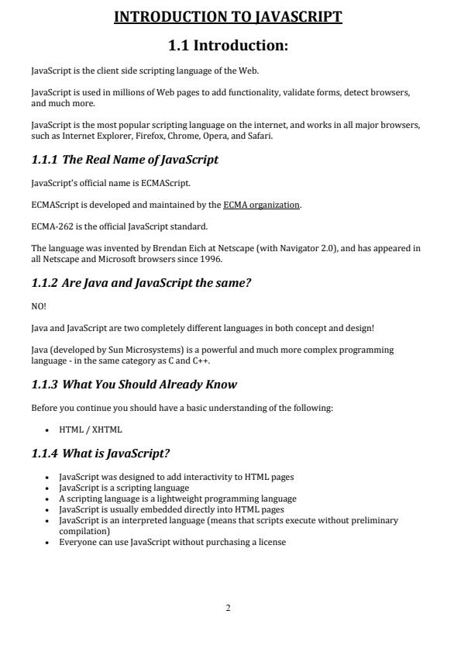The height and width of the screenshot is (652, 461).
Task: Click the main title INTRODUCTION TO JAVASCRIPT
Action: click(x=228, y=17)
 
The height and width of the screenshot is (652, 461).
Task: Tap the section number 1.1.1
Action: click(x=45, y=160)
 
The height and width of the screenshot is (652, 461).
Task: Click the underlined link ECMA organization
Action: click(x=261, y=205)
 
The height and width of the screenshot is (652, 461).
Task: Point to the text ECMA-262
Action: click(x=49, y=226)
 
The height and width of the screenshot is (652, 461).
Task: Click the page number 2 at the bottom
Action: click(x=228, y=608)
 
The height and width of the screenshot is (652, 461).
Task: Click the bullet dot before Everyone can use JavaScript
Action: click(x=48, y=541)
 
